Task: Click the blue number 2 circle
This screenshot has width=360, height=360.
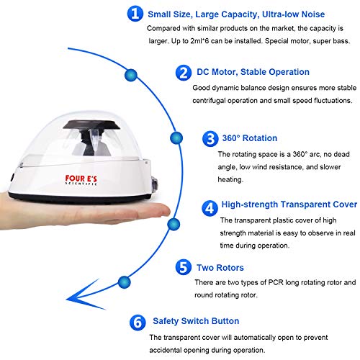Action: [184, 72]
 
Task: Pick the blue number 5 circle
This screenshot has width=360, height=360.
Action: [183, 268]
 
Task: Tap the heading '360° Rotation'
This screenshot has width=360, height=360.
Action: [248, 138]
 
